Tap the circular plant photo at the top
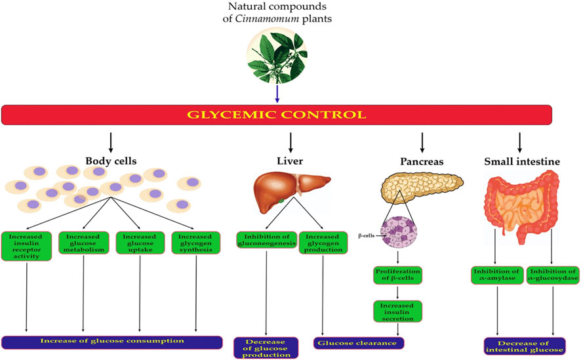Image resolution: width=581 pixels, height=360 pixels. point(275,56)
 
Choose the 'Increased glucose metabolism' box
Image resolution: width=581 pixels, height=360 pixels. point(83,243)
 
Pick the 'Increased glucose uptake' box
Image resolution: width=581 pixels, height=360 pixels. point(140,243)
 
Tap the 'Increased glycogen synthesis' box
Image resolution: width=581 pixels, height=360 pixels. point(196,243)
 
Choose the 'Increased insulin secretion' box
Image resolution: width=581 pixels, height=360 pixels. point(397,310)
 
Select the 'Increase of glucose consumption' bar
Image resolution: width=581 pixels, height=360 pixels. point(111,342)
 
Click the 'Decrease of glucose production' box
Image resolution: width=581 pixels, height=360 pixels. point(266,348)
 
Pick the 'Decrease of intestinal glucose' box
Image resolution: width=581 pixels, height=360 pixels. point(525,346)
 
